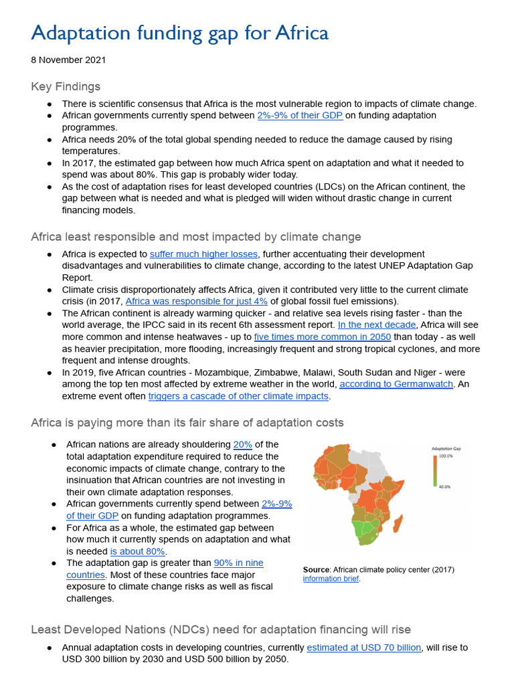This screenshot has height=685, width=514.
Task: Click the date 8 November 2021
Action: point(68,60)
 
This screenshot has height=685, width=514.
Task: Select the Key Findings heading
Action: point(66,86)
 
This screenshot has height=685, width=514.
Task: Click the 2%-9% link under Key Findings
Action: point(300,116)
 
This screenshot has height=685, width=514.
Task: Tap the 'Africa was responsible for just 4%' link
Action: point(196,302)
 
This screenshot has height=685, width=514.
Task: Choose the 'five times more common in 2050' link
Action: point(323,337)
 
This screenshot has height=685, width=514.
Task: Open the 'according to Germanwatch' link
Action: point(396,384)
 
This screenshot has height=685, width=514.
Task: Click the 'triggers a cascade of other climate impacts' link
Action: point(238,396)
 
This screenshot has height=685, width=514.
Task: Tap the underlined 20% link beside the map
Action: point(242,444)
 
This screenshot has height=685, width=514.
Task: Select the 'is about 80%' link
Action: point(138,551)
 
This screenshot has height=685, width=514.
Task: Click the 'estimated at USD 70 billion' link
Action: point(364,648)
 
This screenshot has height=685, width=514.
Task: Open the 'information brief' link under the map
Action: point(331,579)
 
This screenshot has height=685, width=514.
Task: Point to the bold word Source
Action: point(316,570)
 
